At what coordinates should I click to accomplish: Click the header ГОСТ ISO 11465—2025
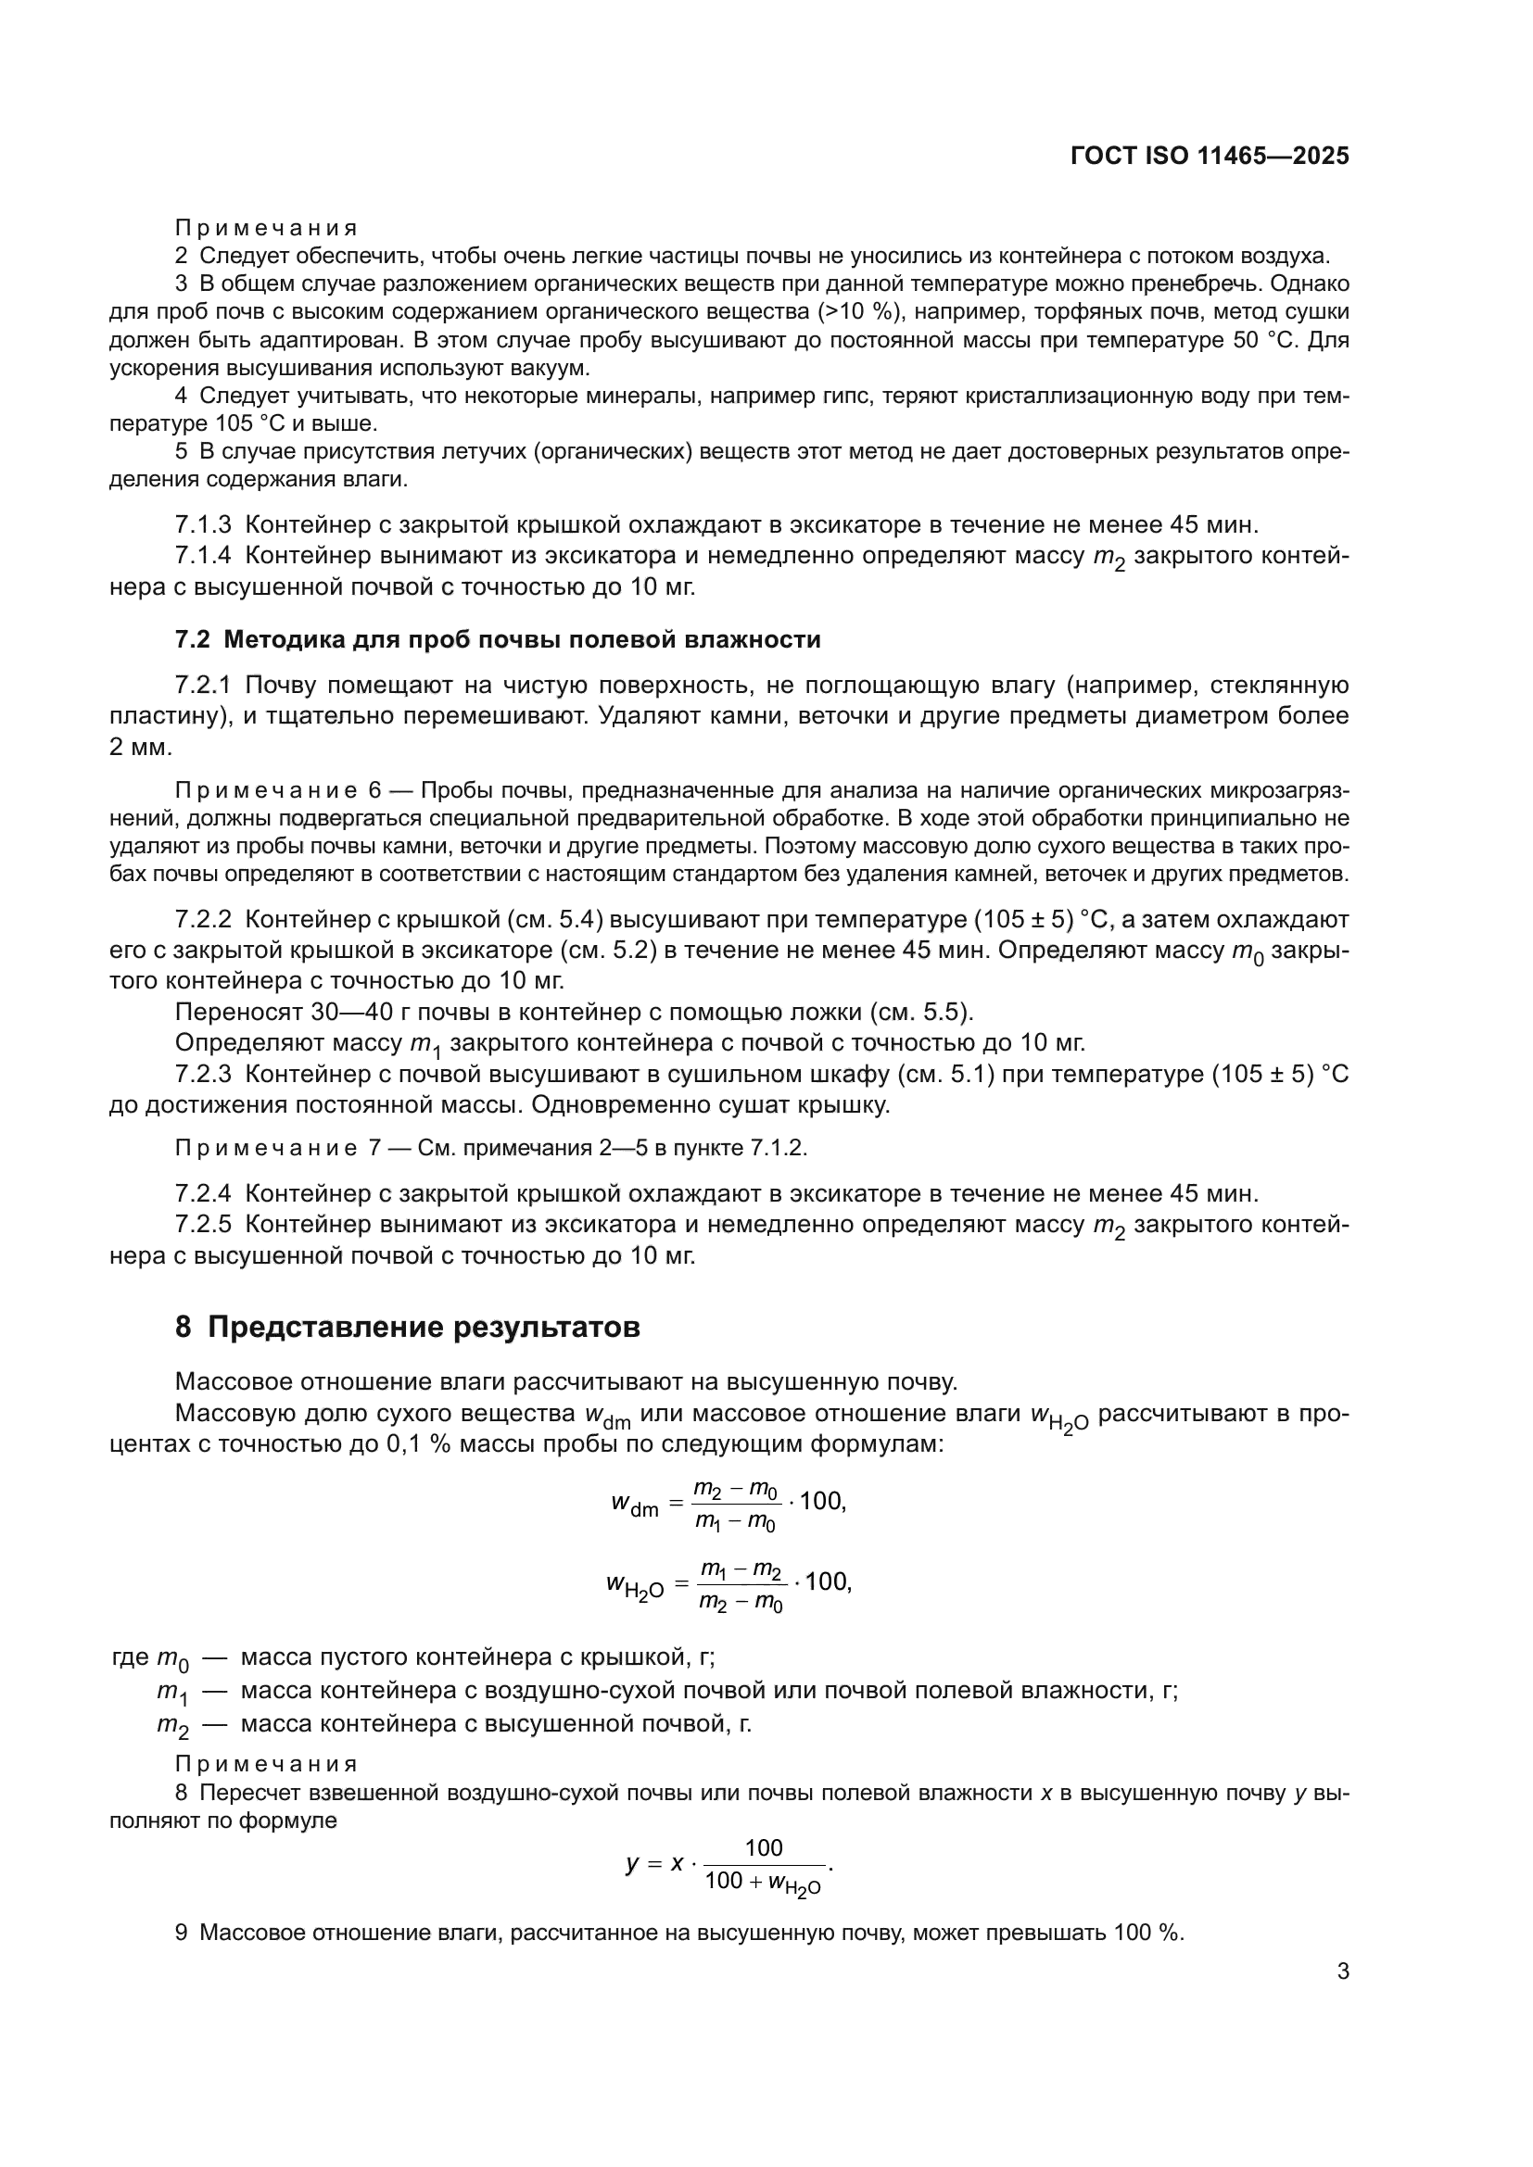1210,157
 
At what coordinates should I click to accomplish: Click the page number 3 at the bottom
1342,1972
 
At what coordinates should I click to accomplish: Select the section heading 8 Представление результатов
407,1327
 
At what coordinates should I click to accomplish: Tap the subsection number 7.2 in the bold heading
192,640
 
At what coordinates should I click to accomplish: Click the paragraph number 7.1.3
203,524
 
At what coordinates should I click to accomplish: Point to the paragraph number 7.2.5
203,1224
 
